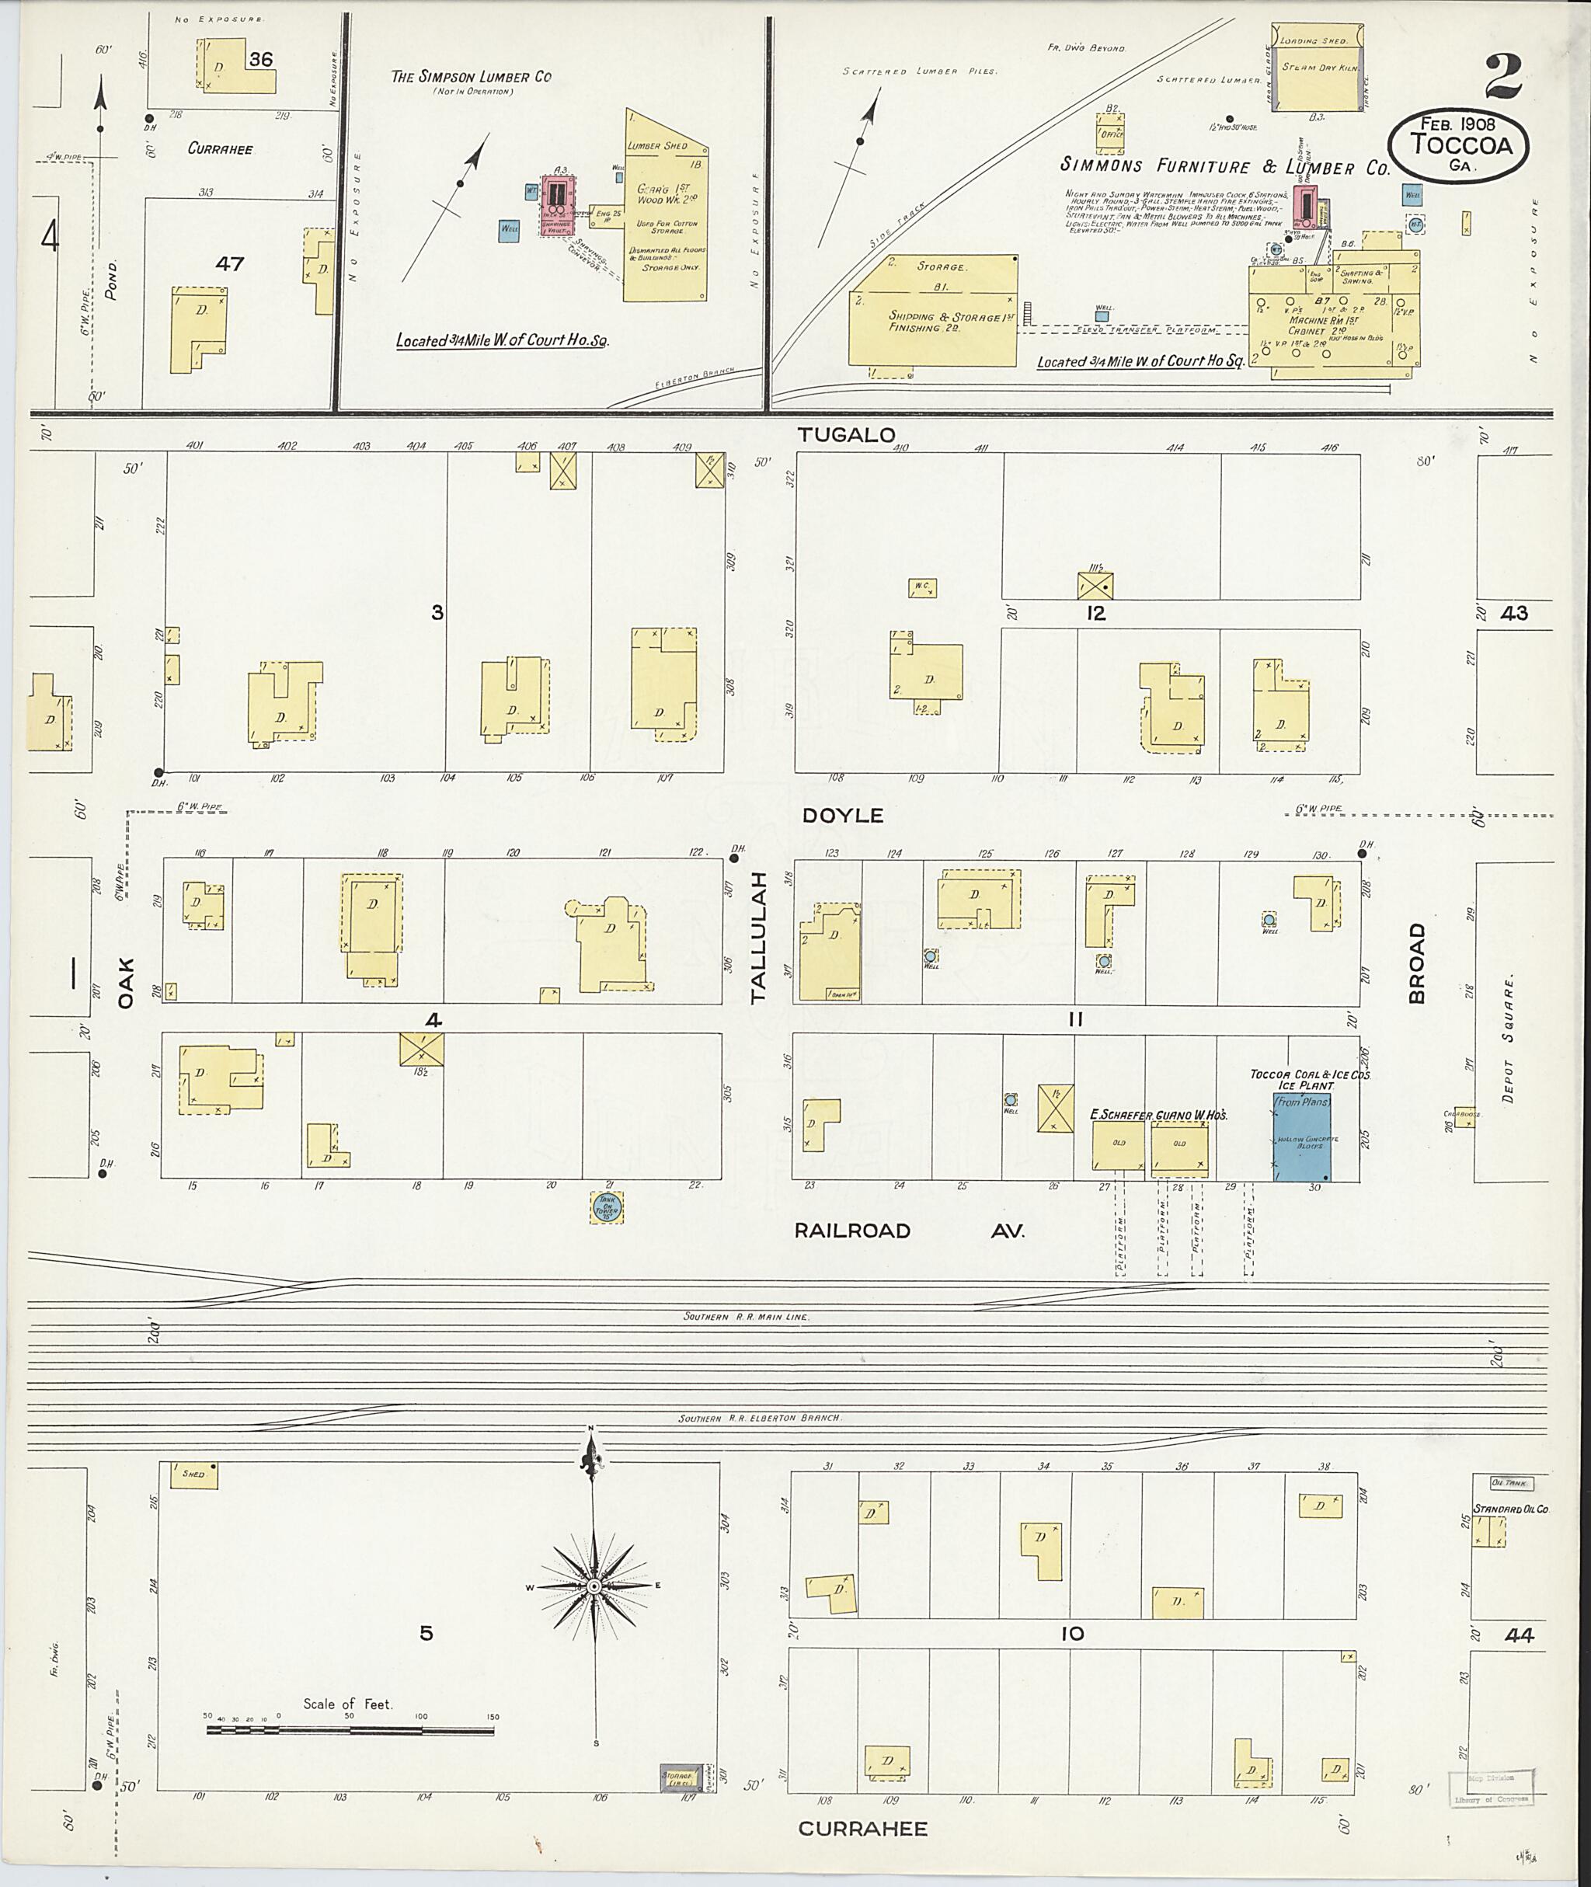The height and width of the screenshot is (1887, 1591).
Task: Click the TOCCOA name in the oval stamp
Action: click(x=1461, y=144)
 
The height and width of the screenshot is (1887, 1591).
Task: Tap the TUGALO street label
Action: click(x=846, y=436)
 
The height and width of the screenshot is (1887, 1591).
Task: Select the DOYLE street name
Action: click(x=842, y=816)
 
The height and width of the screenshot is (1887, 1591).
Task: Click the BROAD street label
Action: click(x=1417, y=963)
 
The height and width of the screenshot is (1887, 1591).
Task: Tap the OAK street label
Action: click(x=124, y=984)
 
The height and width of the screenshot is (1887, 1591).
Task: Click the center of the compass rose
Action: click(x=594, y=1586)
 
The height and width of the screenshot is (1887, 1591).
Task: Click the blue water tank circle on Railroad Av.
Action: click(x=607, y=1207)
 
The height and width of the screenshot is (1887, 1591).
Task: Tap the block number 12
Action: click(x=1096, y=614)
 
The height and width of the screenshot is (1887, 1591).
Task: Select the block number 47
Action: click(x=230, y=263)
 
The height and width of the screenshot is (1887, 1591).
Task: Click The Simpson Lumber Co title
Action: click(x=471, y=78)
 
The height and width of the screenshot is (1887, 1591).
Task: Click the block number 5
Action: click(x=426, y=1633)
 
